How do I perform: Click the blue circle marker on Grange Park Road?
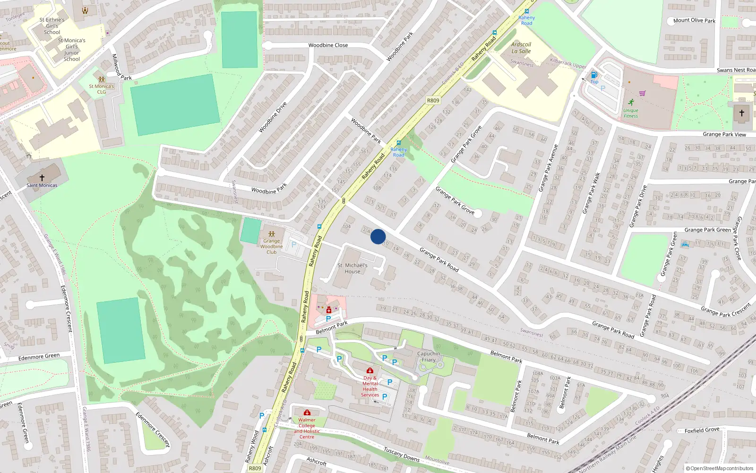[x=378, y=236]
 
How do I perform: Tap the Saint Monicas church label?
[x=42, y=185]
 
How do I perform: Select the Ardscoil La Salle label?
[x=521, y=48]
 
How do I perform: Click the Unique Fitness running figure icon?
[x=631, y=102]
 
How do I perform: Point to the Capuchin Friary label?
[x=429, y=357]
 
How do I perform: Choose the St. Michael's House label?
[x=352, y=268]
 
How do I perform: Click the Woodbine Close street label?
[x=328, y=45]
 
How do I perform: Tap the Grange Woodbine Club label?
[x=272, y=246]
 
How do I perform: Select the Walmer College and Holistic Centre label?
[x=307, y=428]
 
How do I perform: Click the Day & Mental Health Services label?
[x=370, y=386]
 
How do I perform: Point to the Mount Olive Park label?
[x=694, y=20]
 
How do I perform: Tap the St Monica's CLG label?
[x=102, y=89]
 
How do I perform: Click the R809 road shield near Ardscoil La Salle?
[x=433, y=100]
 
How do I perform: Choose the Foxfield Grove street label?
[x=702, y=430]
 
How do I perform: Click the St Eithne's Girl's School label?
[x=52, y=26]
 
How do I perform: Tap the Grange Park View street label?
[x=724, y=134]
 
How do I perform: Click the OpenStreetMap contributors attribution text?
[x=720, y=469]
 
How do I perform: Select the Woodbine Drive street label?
[x=273, y=117]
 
